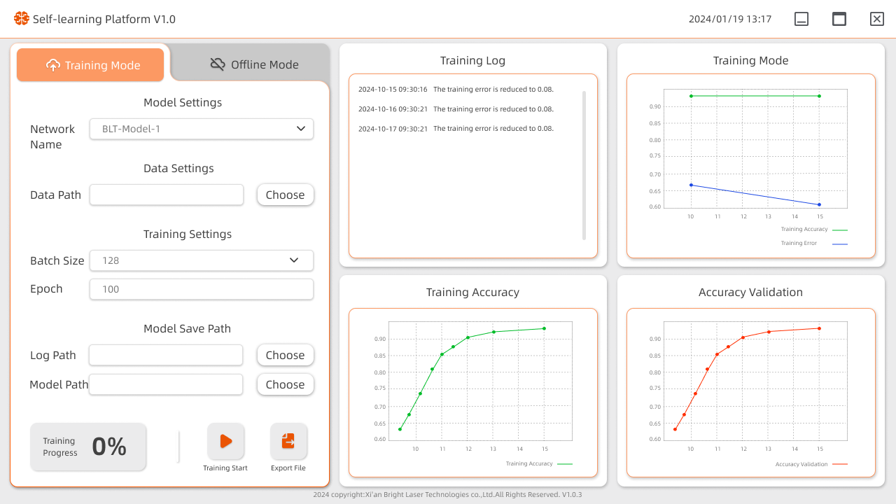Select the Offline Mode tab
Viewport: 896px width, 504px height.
tap(254, 64)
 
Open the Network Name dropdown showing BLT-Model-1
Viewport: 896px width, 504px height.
tap(202, 129)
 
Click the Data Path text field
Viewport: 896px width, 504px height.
tap(167, 195)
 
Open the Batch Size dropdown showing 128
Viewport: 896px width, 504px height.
tap(202, 260)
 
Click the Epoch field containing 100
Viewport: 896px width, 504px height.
tap(202, 289)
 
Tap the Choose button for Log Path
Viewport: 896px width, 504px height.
tap(285, 355)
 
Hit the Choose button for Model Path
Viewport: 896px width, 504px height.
tap(285, 384)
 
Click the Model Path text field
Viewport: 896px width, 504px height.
tap(166, 384)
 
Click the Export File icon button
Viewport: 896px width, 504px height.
tap(288, 442)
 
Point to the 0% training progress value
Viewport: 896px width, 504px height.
tap(109, 447)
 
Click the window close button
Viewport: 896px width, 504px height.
tap(876, 19)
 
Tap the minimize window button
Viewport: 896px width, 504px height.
tap(801, 19)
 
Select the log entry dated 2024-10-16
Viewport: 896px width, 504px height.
tap(456, 109)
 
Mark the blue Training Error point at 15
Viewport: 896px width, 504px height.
tap(819, 204)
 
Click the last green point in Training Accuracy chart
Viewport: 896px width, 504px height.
tap(544, 328)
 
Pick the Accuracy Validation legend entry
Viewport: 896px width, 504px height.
tap(811, 464)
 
